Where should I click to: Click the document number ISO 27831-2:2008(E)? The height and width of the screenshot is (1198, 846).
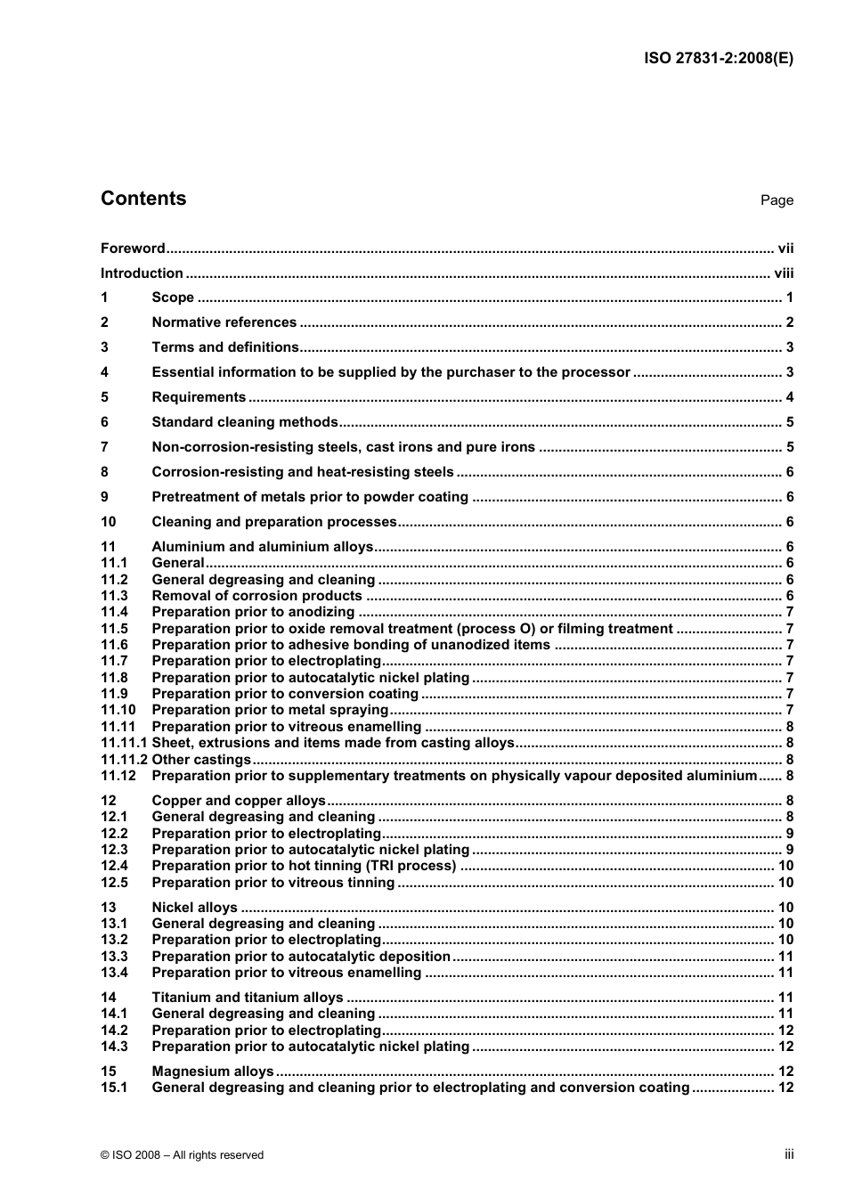[x=718, y=59]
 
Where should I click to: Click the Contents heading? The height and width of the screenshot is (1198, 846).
[x=143, y=199]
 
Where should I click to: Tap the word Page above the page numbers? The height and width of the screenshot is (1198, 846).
[x=777, y=200]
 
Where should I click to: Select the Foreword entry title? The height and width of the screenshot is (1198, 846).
[x=133, y=249]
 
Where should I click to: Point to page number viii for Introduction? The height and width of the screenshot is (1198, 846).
[x=784, y=273]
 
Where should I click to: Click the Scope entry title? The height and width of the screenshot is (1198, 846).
[x=173, y=297]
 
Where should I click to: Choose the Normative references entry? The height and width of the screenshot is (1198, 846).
[x=224, y=322]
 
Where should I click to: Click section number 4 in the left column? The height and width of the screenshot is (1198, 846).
[x=105, y=372]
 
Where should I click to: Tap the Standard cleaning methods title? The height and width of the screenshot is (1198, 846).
[x=245, y=422]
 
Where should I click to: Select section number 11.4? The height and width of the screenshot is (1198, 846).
[x=114, y=612]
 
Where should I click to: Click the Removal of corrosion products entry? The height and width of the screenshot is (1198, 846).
[x=256, y=596]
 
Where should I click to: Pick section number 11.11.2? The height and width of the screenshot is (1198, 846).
[x=124, y=760]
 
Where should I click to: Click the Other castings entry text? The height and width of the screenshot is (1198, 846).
[x=201, y=760]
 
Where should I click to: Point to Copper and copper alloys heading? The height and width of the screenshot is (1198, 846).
[x=239, y=801]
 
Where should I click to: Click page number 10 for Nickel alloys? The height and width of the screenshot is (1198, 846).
[x=785, y=908]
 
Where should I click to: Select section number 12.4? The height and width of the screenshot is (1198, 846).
[x=114, y=866]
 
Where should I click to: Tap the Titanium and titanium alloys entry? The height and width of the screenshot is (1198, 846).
[x=247, y=998]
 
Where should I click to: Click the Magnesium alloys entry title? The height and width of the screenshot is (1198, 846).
[x=213, y=1072]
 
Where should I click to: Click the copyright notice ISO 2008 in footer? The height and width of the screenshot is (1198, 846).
[x=183, y=1155]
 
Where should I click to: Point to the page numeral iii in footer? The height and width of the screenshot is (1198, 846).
[x=789, y=1154]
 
